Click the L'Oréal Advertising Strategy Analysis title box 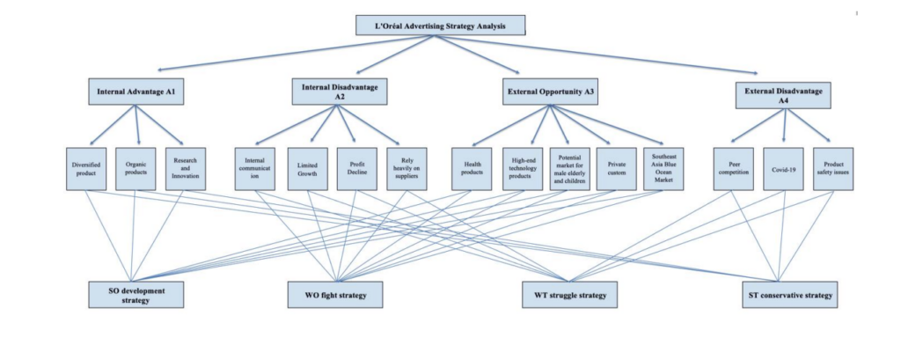tap(442, 25)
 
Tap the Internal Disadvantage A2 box tap(340, 91)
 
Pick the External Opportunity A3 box tap(552, 91)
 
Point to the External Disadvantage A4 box tap(783, 95)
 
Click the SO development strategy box tap(136, 294)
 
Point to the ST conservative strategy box tap(787, 294)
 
